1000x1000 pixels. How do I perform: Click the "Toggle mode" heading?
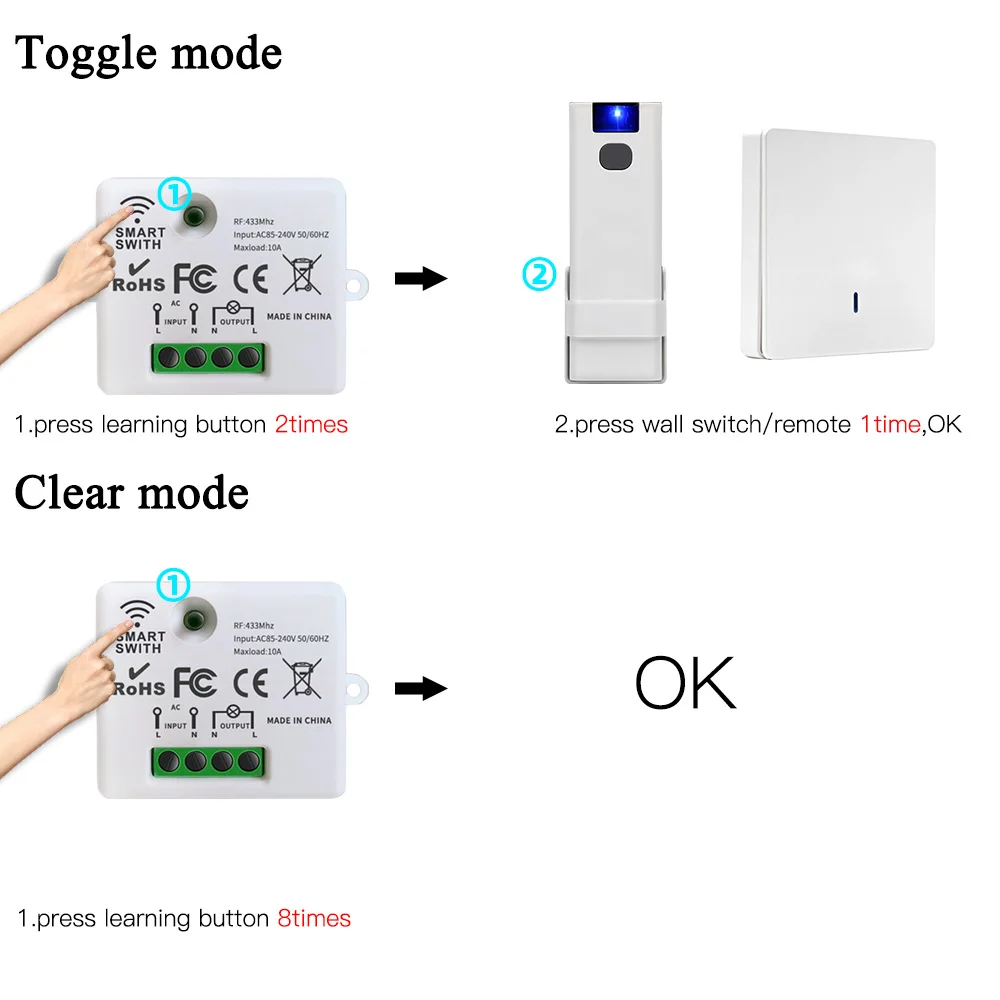point(148,53)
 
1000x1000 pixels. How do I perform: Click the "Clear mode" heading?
point(132,493)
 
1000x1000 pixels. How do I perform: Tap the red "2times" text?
point(311,424)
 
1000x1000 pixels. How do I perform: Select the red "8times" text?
point(314,918)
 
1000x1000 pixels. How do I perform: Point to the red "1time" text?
point(889,424)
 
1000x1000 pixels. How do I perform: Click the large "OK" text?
point(685,684)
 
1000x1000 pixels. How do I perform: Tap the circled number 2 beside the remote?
point(539,274)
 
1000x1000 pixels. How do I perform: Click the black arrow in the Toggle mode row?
point(420,278)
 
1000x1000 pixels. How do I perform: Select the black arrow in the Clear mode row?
point(420,688)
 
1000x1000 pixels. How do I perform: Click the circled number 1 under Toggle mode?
point(174,193)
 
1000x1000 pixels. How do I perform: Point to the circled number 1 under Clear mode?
point(174,584)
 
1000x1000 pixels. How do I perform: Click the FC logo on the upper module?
point(194,277)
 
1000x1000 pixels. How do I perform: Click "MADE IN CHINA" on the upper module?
point(299,316)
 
